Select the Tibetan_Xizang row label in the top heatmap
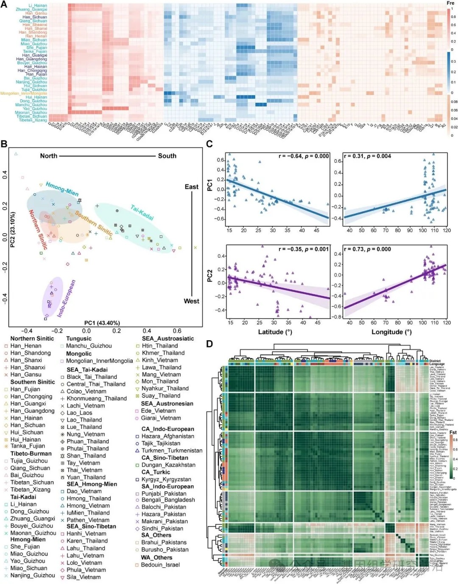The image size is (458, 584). (x=33, y=120)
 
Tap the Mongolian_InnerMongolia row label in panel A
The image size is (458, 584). (x=24, y=93)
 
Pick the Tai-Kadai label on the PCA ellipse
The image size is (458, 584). (x=142, y=212)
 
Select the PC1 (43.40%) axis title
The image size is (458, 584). (x=102, y=323)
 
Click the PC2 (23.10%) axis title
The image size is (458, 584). (x=12, y=230)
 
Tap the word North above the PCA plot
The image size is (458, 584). (x=49, y=156)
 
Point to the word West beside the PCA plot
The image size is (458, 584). (x=191, y=301)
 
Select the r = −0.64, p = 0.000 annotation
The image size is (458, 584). (x=304, y=156)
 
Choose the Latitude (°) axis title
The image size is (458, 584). (x=275, y=332)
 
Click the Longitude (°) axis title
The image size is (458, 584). (x=391, y=332)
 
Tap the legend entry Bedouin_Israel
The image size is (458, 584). (x=160, y=565)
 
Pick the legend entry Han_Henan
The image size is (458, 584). (x=26, y=346)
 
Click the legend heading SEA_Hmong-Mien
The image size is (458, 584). (x=92, y=484)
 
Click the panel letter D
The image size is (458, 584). (x=209, y=344)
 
